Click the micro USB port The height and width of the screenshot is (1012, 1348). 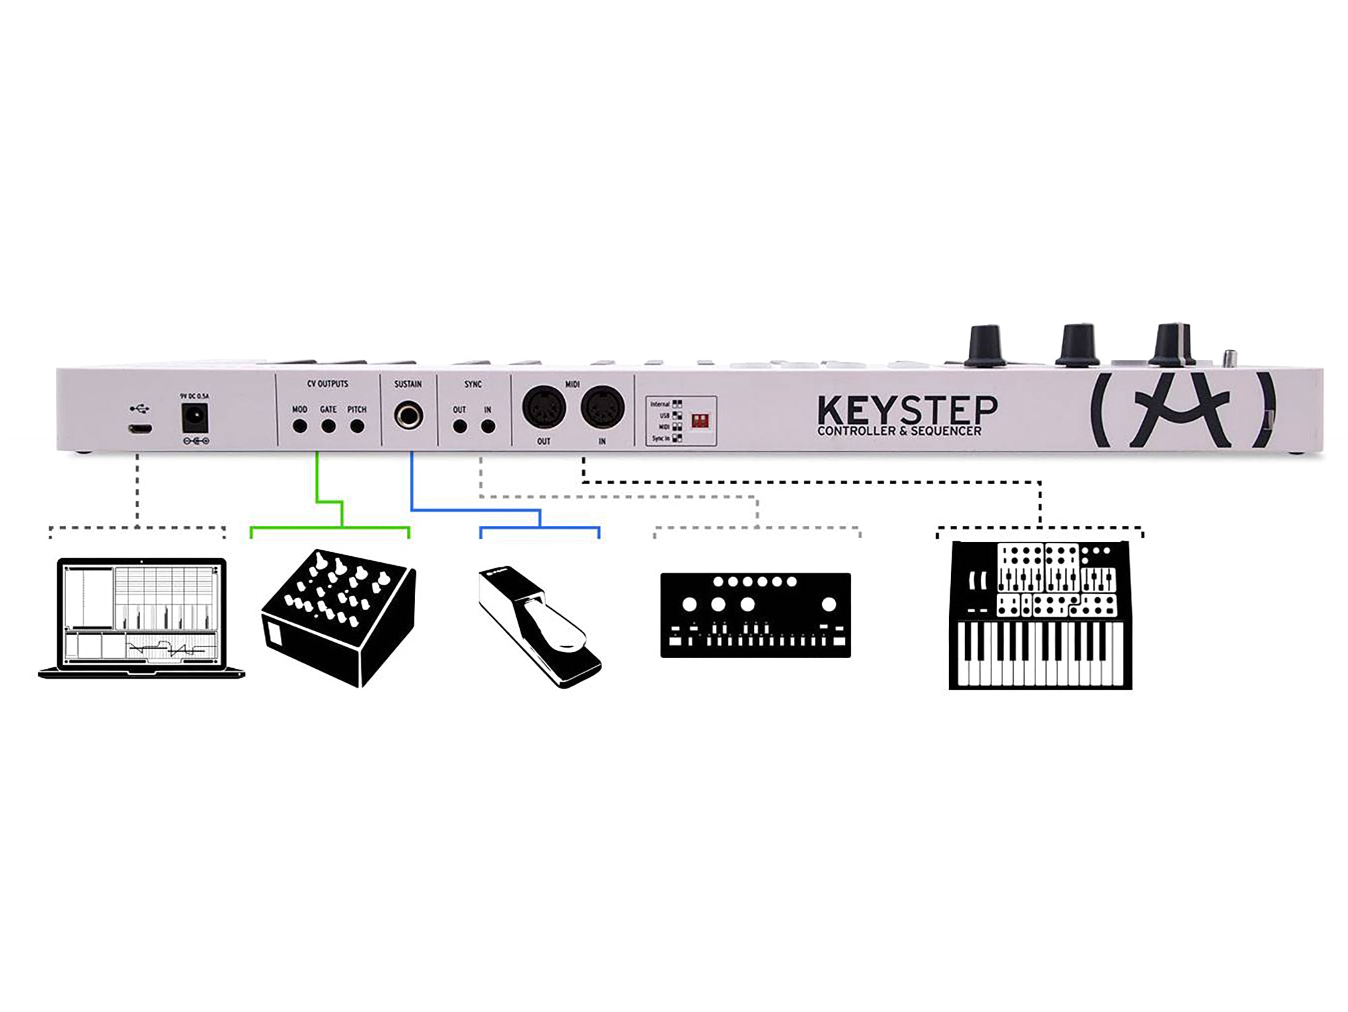click(140, 429)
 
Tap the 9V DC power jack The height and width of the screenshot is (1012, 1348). click(194, 421)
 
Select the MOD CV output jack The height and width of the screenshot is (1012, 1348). click(300, 426)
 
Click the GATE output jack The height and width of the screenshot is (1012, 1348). click(328, 426)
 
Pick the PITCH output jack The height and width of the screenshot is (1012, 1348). click(357, 426)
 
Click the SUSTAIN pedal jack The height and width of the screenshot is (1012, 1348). click(408, 415)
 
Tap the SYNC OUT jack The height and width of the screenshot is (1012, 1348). click(460, 426)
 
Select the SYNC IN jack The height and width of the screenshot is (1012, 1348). click(488, 426)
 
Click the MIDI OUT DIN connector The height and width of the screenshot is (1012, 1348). click(544, 407)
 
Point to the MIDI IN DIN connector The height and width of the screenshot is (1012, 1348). click(603, 407)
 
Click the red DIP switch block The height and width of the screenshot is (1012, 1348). click(700, 421)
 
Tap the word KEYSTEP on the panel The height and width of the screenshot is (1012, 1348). click(907, 409)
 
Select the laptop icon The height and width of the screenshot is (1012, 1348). click(142, 618)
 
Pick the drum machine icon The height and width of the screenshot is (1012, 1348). click(756, 615)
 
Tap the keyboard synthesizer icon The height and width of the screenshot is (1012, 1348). click(1041, 615)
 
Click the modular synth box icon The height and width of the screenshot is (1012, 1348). click(338, 618)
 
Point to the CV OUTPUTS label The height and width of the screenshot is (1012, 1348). click(328, 384)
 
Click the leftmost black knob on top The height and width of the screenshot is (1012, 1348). click(985, 345)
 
